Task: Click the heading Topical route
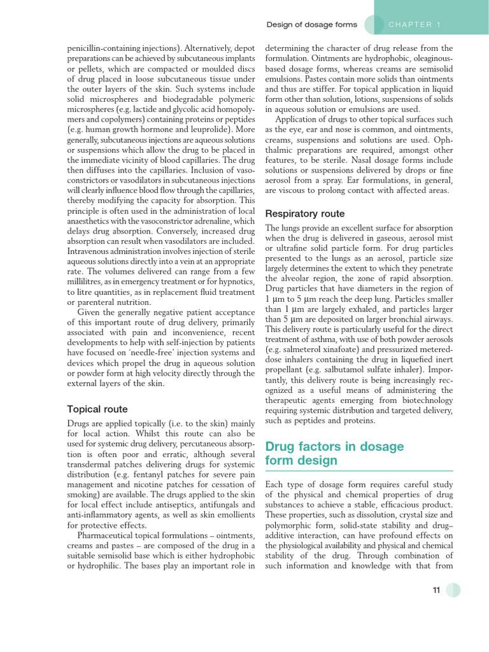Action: tap(97, 409)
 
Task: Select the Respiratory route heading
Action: tap(304, 213)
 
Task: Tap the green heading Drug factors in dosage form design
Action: tap(334, 453)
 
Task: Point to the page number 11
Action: tap(436, 590)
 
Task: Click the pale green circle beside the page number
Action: tap(453, 590)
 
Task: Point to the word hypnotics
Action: tap(236, 282)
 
